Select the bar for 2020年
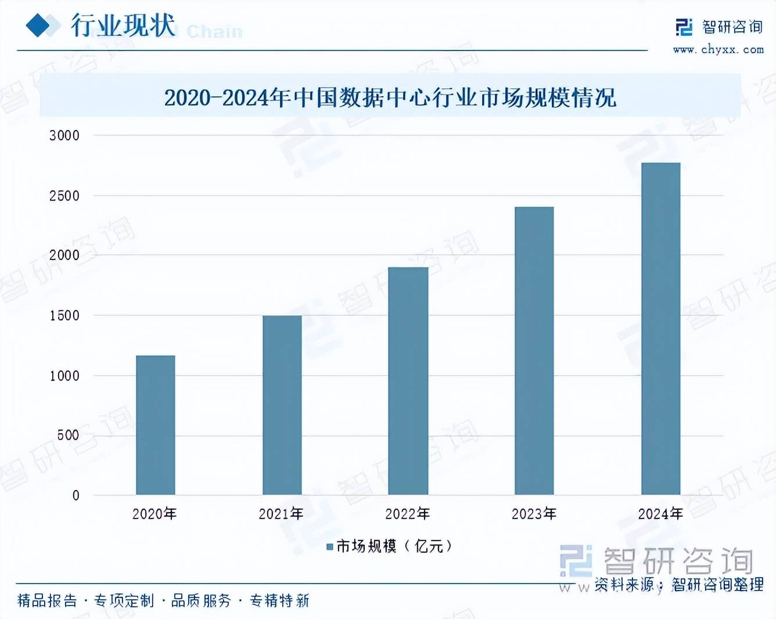[x=155, y=425]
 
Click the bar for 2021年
[x=282, y=405]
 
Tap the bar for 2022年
[x=408, y=381]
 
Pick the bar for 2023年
[x=534, y=351]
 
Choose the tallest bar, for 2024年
[x=660, y=329]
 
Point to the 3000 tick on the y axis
[x=64, y=136]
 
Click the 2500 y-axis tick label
[x=64, y=196]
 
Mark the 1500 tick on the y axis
[x=64, y=316]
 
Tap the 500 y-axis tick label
[x=68, y=436]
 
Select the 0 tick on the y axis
[x=76, y=496]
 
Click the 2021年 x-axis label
[x=281, y=514]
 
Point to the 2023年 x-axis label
[x=534, y=514]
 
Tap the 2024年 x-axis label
[x=660, y=514]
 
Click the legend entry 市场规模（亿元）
[x=389, y=546]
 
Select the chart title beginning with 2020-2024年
[x=390, y=98]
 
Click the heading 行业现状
[x=123, y=26]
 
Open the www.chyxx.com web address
[x=718, y=50]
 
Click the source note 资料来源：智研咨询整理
[x=678, y=584]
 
